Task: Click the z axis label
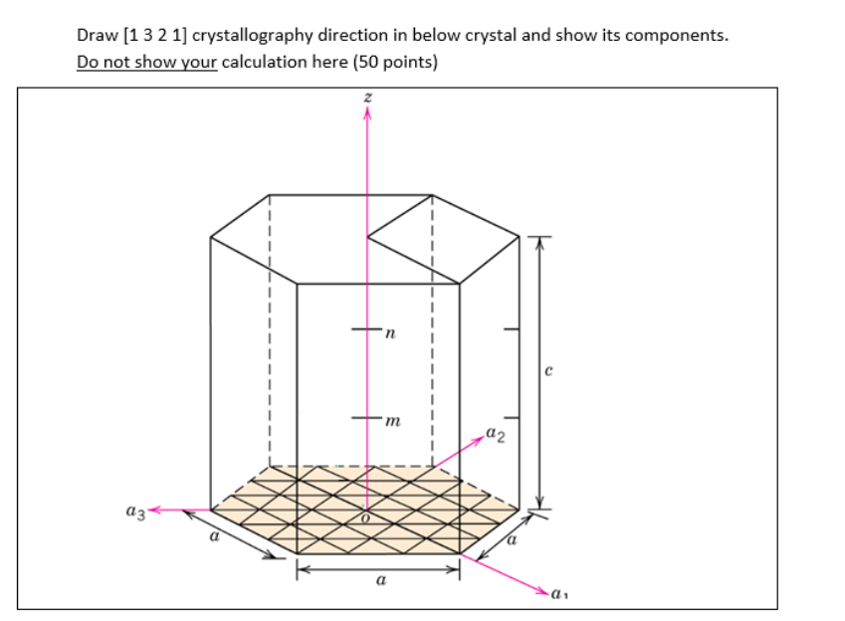pos(367,98)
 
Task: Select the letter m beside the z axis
pos(392,425)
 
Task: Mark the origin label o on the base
pos(364,518)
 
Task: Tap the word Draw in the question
pos(96,37)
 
